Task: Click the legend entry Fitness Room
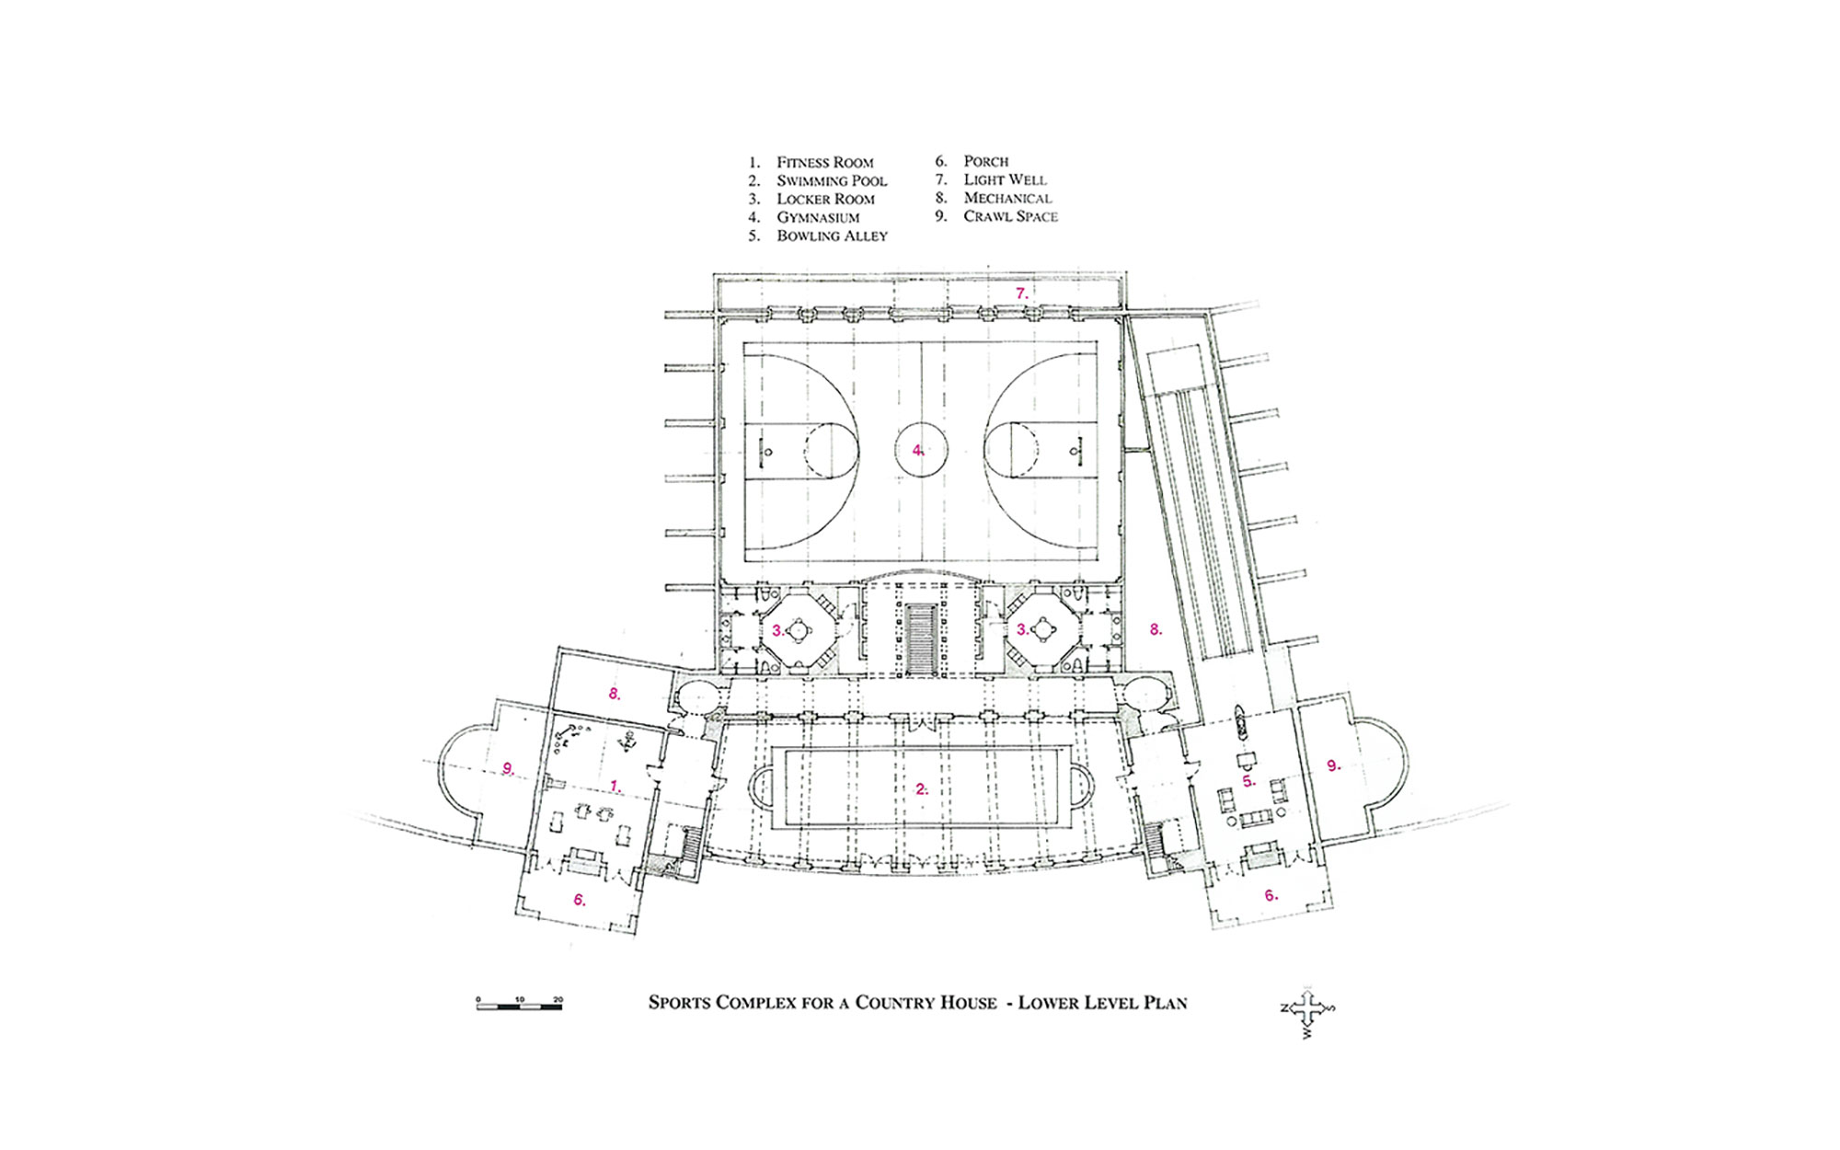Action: (824, 163)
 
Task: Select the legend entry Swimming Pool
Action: (831, 181)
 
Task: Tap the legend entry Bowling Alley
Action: (831, 236)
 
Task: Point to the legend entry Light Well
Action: (1005, 180)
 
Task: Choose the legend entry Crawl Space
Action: (1010, 217)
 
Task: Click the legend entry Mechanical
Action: (1007, 199)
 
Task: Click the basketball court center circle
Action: (920, 450)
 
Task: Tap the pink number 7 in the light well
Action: (1020, 293)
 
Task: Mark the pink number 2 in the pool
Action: (921, 788)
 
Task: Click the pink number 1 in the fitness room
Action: (615, 786)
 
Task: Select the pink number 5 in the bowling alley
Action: (1248, 781)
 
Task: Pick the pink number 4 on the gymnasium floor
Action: (916, 450)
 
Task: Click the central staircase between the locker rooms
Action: (920, 638)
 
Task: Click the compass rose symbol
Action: (1307, 1010)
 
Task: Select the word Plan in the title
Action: (1165, 1003)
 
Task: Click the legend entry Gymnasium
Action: (817, 218)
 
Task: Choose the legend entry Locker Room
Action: (825, 200)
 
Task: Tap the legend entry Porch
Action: (985, 162)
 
